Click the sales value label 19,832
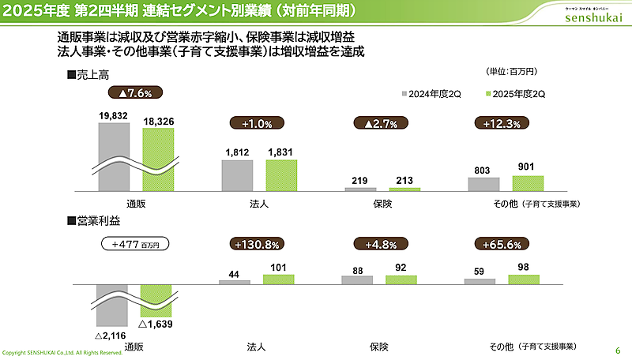coord(114,115)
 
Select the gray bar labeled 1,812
coord(237,175)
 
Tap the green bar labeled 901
coord(528,183)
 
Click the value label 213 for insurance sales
coord(404,180)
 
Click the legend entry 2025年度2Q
coord(514,93)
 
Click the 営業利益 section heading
coord(92,222)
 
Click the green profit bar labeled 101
coord(278,279)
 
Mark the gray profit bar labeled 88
coord(357,279)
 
